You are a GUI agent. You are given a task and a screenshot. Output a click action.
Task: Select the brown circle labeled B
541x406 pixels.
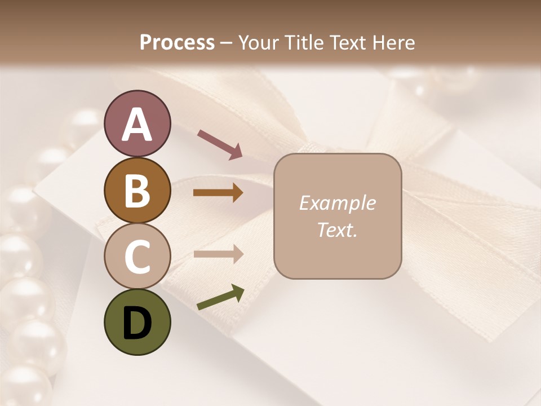point(137,191)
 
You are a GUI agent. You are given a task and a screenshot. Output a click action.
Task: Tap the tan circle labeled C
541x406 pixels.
point(137,256)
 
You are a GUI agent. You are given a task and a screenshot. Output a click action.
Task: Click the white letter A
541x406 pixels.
point(137,125)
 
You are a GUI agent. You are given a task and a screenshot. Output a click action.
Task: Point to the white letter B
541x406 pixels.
point(137,191)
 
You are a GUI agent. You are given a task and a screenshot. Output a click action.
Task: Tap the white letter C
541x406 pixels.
point(137,257)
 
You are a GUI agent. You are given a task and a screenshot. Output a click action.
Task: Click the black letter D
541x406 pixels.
point(137,323)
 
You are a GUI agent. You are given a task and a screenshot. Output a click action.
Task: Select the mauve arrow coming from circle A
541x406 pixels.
point(220,143)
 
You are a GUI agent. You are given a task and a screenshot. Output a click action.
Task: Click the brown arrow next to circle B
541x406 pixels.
point(218,193)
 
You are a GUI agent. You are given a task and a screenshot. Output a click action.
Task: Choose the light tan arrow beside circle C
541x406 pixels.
point(218,254)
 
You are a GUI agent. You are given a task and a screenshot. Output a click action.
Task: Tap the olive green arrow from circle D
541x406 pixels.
point(220,298)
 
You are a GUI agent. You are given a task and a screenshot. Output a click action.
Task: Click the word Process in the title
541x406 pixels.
point(177,42)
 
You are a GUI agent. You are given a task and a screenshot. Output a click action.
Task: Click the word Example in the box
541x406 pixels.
point(337,203)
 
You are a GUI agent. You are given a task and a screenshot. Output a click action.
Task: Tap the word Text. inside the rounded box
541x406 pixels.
point(337,230)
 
